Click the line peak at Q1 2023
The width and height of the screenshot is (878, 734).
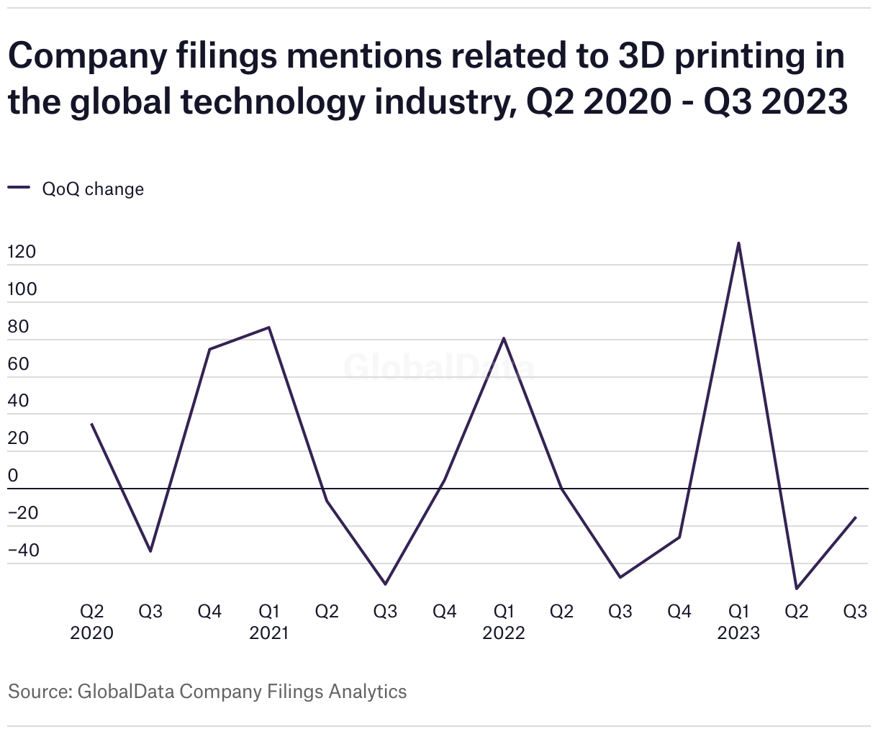[738, 243]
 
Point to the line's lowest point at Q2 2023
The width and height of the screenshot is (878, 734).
[797, 589]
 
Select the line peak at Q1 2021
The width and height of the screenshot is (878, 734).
[268, 327]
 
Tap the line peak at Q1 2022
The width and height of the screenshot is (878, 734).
[504, 337]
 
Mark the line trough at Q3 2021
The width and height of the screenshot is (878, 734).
[386, 584]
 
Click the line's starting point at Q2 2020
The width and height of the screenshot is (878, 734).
[91, 424]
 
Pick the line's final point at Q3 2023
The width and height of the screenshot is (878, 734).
[855, 517]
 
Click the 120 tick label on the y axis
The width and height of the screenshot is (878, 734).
[22, 253]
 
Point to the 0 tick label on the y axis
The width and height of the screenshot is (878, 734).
[12, 476]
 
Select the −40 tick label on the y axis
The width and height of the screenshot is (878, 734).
[24, 550]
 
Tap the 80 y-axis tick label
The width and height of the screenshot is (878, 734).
[18, 327]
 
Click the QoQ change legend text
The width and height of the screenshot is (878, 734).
[93, 189]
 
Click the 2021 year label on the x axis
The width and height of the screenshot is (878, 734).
[268, 633]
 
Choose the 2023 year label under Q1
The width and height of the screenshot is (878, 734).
[738, 633]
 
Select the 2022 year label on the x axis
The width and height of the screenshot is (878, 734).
[504, 633]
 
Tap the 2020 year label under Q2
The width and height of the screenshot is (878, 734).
[91, 633]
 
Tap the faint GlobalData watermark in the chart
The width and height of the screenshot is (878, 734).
[439, 367]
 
